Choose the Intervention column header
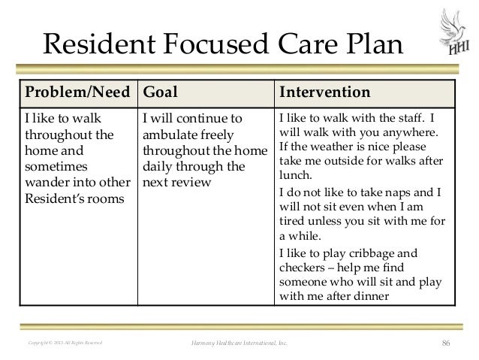point(324,93)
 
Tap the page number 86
point(447,345)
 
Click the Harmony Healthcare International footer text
point(239,345)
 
